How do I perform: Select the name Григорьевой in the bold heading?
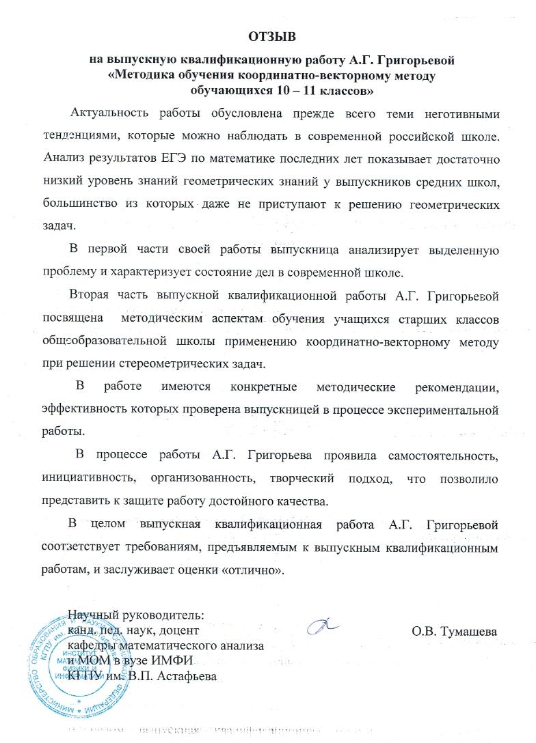tap(415, 59)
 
